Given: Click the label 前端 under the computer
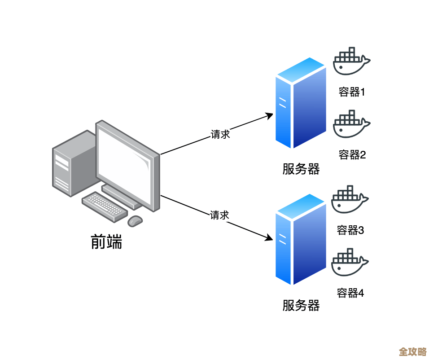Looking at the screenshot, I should coord(106,242).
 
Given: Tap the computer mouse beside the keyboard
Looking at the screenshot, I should coord(135,220).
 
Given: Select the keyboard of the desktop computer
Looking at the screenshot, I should coord(105,206).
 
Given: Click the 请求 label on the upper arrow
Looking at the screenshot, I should coord(220,134).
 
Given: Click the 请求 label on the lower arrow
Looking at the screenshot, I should coord(220,215).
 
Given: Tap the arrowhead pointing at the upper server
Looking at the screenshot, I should coord(269,115).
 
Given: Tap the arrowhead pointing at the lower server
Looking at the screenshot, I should coord(269,238).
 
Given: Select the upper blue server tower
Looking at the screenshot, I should coord(300,104).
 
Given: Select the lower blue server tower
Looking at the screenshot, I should coord(300,240).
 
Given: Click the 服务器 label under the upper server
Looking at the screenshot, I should coord(301,169).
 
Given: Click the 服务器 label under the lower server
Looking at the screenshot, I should coord(301,306).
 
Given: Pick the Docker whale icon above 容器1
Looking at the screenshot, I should coord(351,61).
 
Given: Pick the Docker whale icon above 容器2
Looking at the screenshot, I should coord(351,124).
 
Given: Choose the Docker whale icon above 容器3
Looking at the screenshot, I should coord(350,200).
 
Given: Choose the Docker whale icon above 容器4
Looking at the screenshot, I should coord(350,263).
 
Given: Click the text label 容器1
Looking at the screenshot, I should coord(352,92).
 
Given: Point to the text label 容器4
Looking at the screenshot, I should coord(350,293).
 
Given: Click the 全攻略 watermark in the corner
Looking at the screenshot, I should coord(412,351).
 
